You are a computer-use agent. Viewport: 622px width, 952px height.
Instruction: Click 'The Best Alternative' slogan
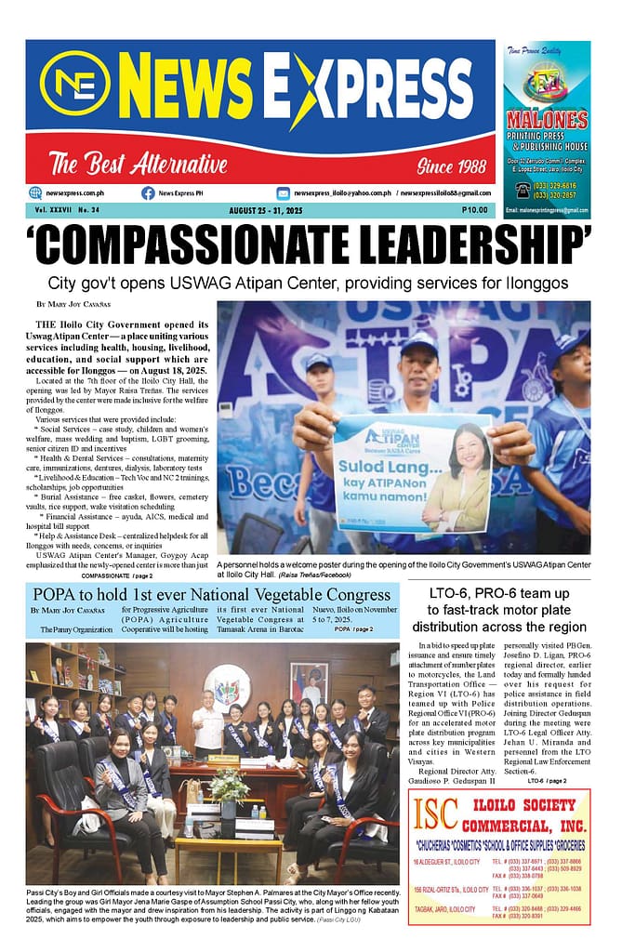[139, 165]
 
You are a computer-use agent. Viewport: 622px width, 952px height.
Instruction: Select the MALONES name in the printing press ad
[547, 120]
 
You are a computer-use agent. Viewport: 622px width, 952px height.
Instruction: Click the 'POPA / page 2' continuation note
[353, 629]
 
